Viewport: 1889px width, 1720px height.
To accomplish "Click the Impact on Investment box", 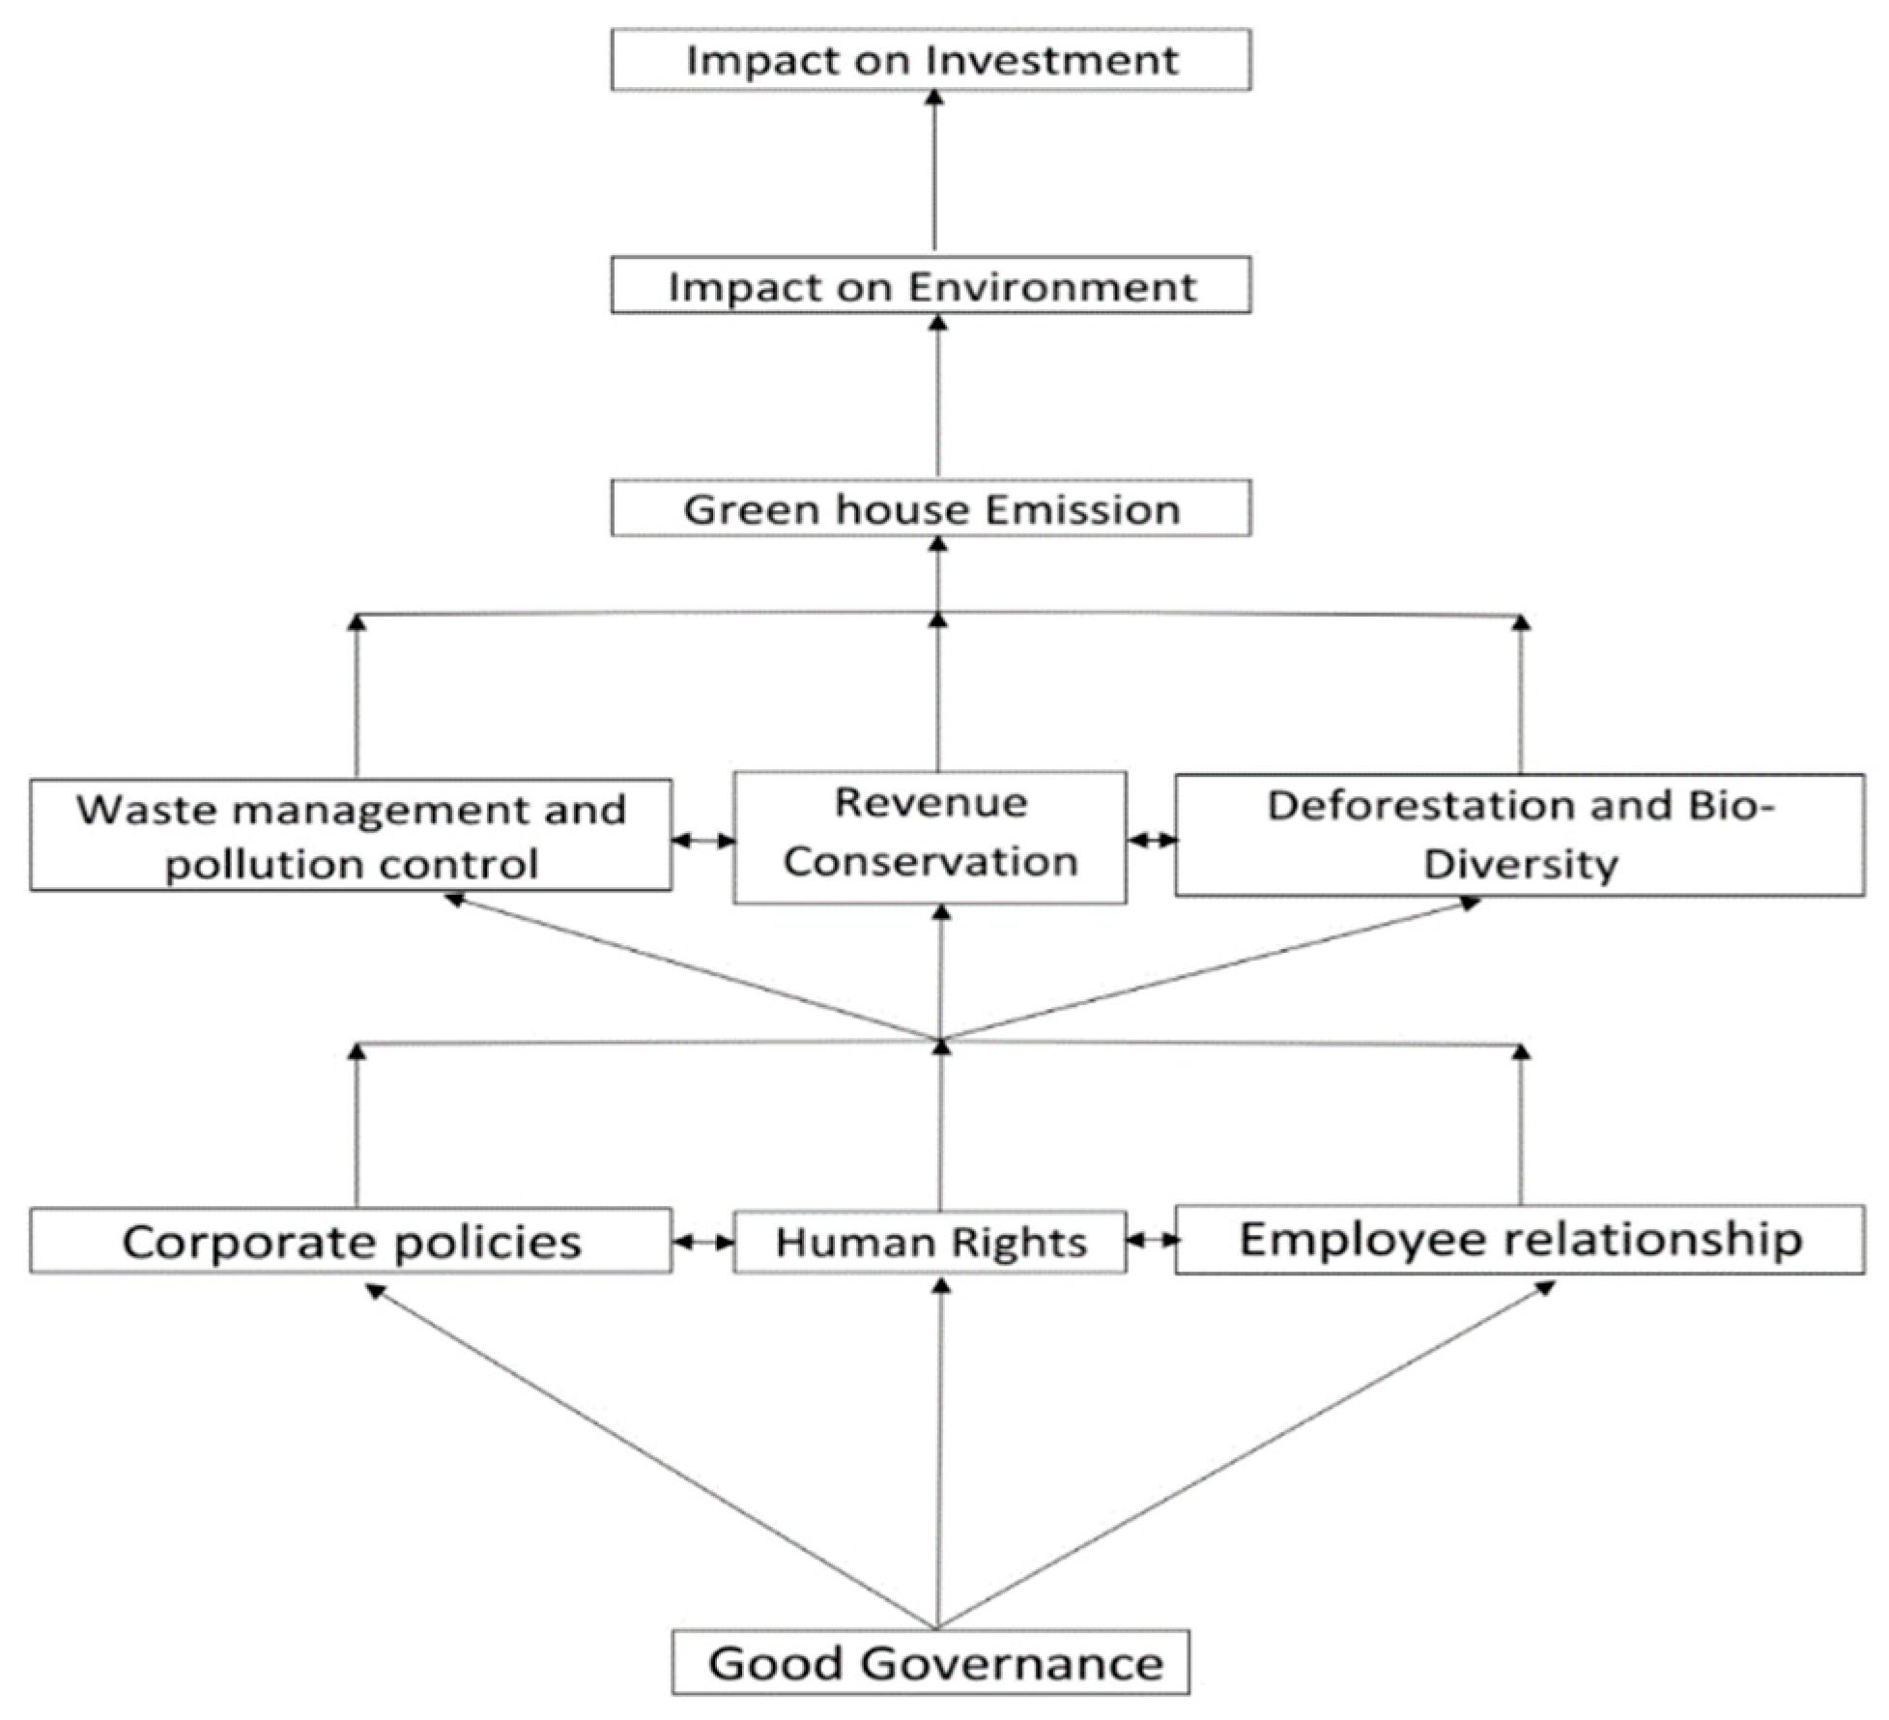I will pos(930,60).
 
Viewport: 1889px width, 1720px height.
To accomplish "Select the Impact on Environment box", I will pos(930,285).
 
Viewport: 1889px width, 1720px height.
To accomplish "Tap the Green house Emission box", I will pos(930,508).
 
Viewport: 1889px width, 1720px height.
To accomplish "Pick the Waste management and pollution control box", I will pos(351,835).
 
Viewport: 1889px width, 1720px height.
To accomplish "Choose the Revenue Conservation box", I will pos(930,837).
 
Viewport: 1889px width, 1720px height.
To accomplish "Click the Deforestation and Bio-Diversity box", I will pos(1519,835).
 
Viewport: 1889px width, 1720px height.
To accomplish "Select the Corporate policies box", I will pos(351,1241).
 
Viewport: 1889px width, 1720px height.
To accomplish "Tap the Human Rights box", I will pos(930,1242).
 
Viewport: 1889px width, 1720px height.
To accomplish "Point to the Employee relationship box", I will pos(1519,1240).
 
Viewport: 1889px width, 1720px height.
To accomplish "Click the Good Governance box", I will pos(930,1663).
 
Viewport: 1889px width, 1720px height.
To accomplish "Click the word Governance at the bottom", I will pos(1012,1663).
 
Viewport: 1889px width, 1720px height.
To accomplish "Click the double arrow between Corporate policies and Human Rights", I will pos(702,1242).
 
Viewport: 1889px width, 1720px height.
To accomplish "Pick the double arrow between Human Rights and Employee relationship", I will pos(1151,1239).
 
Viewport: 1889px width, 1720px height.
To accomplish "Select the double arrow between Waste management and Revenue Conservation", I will pos(702,841).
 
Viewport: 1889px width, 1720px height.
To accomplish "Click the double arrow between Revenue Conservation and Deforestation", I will pos(1151,841).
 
